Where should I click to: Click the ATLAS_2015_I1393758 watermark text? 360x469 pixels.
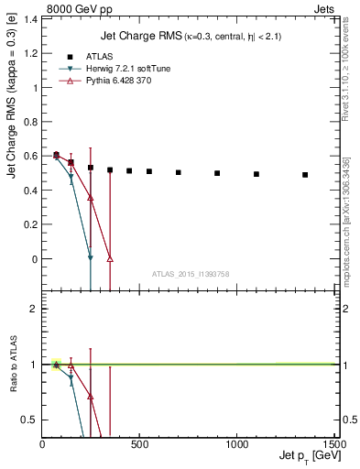click(189, 273)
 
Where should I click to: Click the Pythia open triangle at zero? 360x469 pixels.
click(110, 259)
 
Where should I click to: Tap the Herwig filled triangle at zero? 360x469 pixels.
click(90, 259)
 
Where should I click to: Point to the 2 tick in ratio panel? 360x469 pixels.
click(33, 309)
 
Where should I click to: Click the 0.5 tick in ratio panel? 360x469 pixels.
click(30, 420)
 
